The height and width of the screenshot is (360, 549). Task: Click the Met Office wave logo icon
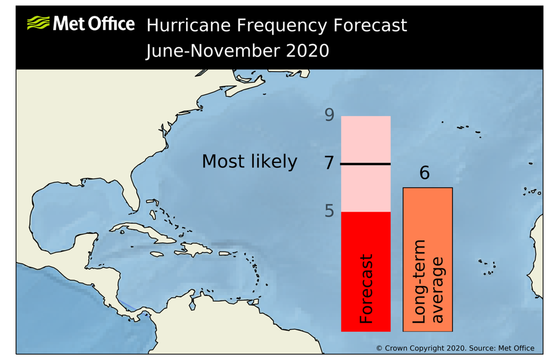coord(38,23)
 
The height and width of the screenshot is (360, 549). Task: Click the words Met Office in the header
coord(93,24)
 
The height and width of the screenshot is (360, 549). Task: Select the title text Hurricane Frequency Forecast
coord(276,25)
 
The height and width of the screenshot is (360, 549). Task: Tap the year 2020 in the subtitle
coord(305,51)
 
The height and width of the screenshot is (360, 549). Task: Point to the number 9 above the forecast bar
coord(329,115)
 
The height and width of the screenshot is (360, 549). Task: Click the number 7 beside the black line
coord(329,163)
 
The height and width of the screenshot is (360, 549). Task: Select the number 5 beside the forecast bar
coord(329,211)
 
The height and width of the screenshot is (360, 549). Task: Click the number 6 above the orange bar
coord(424,174)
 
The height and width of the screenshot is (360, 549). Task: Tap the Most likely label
coord(249,161)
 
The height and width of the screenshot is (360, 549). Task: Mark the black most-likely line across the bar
coord(366,164)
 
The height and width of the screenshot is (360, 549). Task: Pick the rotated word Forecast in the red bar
coord(366,289)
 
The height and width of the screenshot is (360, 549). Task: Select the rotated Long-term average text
coord(428,282)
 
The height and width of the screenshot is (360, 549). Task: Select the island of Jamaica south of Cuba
coord(157,254)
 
